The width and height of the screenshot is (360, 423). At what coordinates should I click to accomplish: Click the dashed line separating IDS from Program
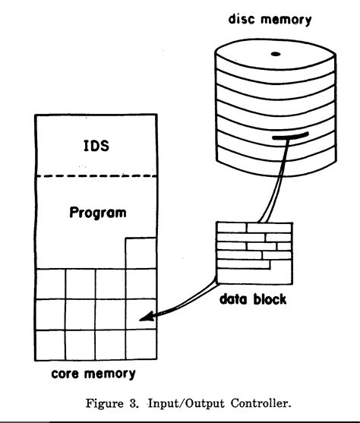pos(96,177)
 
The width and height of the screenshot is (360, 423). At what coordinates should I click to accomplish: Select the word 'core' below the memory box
pos(68,374)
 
